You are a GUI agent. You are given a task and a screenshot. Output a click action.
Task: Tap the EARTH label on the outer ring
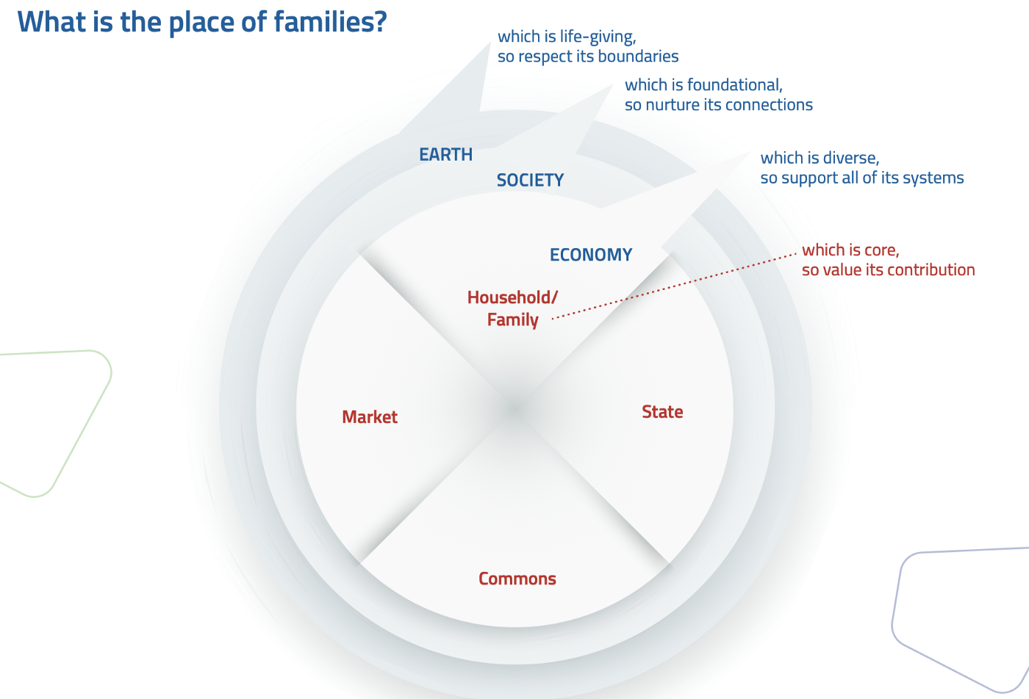445,155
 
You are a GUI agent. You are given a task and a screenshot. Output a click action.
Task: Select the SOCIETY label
530,181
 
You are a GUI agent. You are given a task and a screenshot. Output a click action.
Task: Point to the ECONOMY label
591,255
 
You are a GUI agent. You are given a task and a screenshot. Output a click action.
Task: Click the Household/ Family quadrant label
512,308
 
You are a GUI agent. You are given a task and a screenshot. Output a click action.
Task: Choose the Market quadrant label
370,417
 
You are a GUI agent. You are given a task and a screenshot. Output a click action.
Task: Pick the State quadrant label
662,412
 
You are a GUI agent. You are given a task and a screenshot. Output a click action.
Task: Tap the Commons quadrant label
517,579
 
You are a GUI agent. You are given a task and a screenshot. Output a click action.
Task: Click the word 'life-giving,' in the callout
598,37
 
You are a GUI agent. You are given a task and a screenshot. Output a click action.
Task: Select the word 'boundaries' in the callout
637,57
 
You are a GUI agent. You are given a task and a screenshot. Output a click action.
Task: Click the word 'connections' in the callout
770,105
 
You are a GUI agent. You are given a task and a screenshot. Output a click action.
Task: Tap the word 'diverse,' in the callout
850,158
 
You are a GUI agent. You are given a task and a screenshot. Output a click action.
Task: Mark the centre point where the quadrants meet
514,408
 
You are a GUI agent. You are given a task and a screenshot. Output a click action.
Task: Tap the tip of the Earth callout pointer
490,43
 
